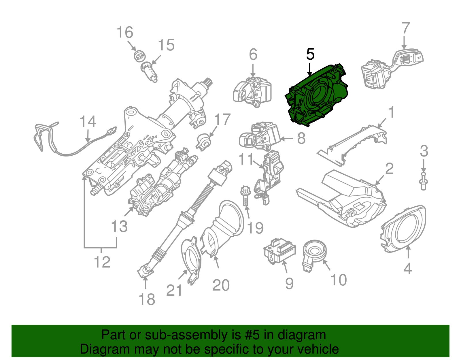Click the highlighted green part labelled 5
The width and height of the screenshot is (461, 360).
[317, 95]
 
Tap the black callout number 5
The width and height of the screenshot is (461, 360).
[310, 54]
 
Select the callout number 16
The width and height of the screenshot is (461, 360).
[125, 32]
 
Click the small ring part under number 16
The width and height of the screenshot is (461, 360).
[140, 55]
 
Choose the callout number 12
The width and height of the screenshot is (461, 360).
[102, 262]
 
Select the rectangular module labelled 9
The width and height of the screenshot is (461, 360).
[279, 250]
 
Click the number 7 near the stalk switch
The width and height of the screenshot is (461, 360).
[405, 28]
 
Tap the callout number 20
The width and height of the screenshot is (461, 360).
[221, 285]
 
